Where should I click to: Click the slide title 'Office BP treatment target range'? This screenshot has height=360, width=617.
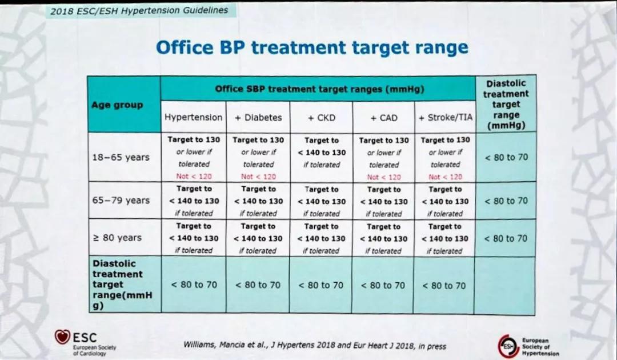tap(312, 47)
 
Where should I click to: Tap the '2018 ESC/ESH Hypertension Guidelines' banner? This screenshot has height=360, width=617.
tap(139, 10)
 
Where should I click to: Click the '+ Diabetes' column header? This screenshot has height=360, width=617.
tap(258, 118)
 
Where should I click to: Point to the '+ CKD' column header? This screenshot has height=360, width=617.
tap(322, 118)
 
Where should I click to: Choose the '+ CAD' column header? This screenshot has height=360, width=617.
tap(384, 118)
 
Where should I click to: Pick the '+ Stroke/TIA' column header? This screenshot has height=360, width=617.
tap(445, 118)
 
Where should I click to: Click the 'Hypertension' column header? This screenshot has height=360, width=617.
tap(194, 117)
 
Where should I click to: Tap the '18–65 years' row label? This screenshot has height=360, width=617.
tap(121, 157)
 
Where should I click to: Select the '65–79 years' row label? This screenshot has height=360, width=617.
tap(121, 200)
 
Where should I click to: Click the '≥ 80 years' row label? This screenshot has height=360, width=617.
tap(117, 238)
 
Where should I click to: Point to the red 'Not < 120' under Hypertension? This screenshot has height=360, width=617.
tap(194, 176)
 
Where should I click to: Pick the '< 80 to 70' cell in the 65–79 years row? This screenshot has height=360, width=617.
tap(506, 201)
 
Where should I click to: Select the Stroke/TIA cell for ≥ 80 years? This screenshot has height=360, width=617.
tap(444, 238)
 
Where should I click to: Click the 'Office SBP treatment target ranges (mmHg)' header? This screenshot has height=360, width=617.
tap(319, 89)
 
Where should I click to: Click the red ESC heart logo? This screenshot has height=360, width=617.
tap(62, 337)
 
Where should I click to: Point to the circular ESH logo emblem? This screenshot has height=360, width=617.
tap(508, 346)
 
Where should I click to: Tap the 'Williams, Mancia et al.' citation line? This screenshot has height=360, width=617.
tap(314, 346)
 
